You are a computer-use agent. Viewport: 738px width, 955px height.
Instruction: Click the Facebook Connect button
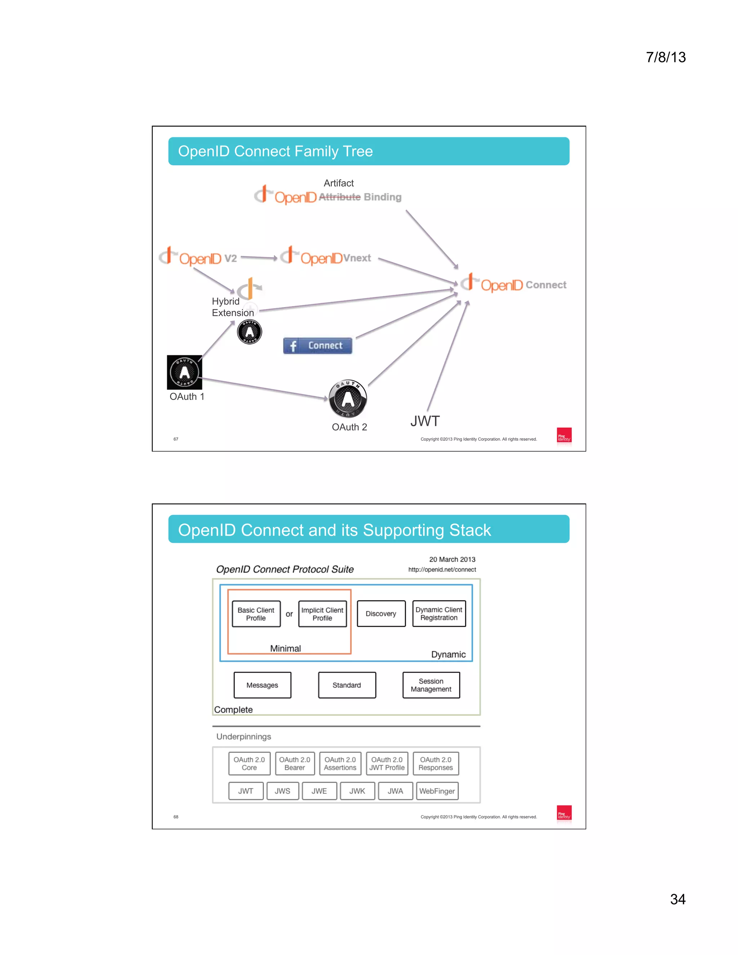click(x=317, y=346)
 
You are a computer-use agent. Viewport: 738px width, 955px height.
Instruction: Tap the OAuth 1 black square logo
click(x=184, y=372)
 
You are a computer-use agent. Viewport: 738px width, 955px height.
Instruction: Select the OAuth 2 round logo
click(x=348, y=398)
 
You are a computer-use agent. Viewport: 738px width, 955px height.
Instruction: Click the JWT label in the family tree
click(x=424, y=421)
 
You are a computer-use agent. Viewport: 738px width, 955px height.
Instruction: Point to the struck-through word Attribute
click(x=340, y=197)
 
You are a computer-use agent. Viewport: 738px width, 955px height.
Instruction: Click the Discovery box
click(x=381, y=613)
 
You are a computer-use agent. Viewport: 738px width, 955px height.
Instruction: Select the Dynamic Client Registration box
click(x=439, y=613)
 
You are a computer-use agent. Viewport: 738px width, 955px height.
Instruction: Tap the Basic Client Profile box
click(x=256, y=614)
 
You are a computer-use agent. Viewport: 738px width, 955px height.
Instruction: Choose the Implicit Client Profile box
click(x=322, y=614)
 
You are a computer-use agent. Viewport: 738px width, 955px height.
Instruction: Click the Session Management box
click(x=431, y=685)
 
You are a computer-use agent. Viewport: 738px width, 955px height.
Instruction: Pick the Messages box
click(x=262, y=685)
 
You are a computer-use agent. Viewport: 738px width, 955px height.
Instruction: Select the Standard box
click(x=346, y=685)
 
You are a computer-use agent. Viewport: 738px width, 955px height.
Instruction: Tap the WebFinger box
click(x=437, y=791)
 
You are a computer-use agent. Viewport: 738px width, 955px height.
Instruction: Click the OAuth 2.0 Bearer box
click(x=295, y=764)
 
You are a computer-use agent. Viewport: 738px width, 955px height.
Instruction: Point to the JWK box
click(x=357, y=791)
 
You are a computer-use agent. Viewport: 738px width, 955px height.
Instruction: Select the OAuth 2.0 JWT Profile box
click(x=387, y=764)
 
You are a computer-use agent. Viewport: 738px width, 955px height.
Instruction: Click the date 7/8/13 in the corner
click(x=666, y=57)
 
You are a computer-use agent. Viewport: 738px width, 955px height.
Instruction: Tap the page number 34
click(x=678, y=900)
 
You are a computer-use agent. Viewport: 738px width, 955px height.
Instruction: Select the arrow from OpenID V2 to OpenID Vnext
click(x=259, y=258)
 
